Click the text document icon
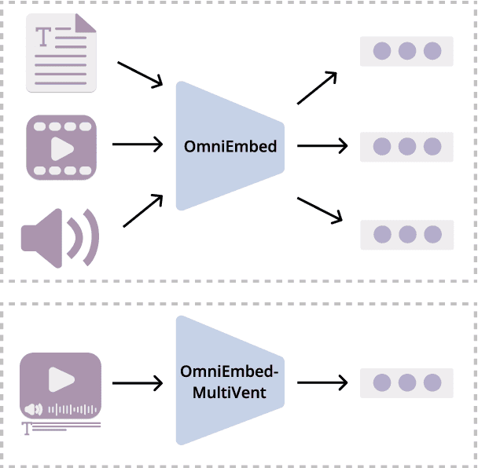61,53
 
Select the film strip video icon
61,146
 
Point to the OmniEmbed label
230,146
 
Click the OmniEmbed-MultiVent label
229,381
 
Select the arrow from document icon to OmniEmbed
139,74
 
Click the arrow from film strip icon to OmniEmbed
138,144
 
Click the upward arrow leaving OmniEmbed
317,88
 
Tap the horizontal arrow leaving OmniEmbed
322,145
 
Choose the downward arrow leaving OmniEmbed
322,210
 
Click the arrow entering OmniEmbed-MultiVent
138,383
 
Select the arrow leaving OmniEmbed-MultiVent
322,382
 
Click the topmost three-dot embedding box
406,52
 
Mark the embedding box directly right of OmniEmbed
406,147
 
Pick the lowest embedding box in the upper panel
406,234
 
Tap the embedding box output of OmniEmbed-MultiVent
406,382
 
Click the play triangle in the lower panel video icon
61,379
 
